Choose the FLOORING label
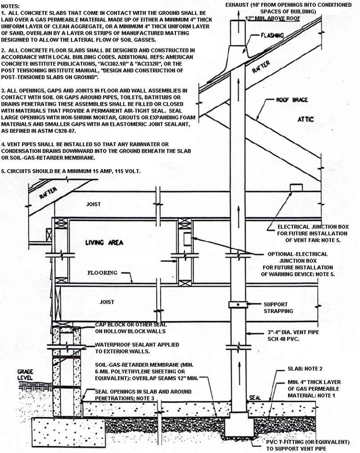[x=102, y=273]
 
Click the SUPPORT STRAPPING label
[x=279, y=308]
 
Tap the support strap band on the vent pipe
[x=237, y=305]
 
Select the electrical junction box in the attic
[x=296, y=187]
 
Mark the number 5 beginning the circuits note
[x=4, y=171]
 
